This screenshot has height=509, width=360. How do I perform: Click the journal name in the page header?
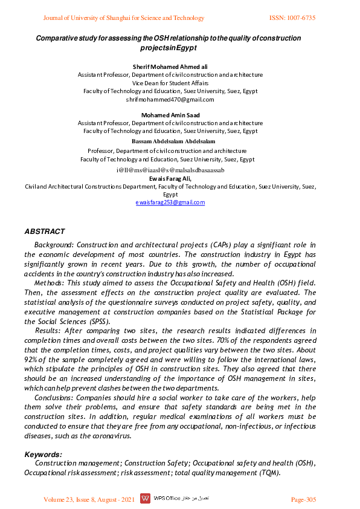[x=124, y=18]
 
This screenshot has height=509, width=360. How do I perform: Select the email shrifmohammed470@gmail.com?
[x=170, y=99]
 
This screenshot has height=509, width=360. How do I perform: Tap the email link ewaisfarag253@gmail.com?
[x=170, y=203]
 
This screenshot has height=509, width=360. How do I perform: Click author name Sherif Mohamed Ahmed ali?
[x=170, y=66]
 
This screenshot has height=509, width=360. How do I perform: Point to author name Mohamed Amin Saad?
[x=170, y=115]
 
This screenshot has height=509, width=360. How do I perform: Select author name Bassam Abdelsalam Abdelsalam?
[x=170, y=141]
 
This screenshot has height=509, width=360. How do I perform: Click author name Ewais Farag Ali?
[x=170, y=179]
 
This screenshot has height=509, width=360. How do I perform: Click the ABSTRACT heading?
[x=44, y=232]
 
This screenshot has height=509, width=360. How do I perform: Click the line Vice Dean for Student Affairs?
[x=170, y=83]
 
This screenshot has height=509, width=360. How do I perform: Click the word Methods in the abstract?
[x=49, y=283]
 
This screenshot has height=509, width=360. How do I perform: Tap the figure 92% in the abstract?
[x=33, y=360]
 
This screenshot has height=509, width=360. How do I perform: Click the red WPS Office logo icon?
[x=145, y=499]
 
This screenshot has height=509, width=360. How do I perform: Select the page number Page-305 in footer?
[x=303, y=499]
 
